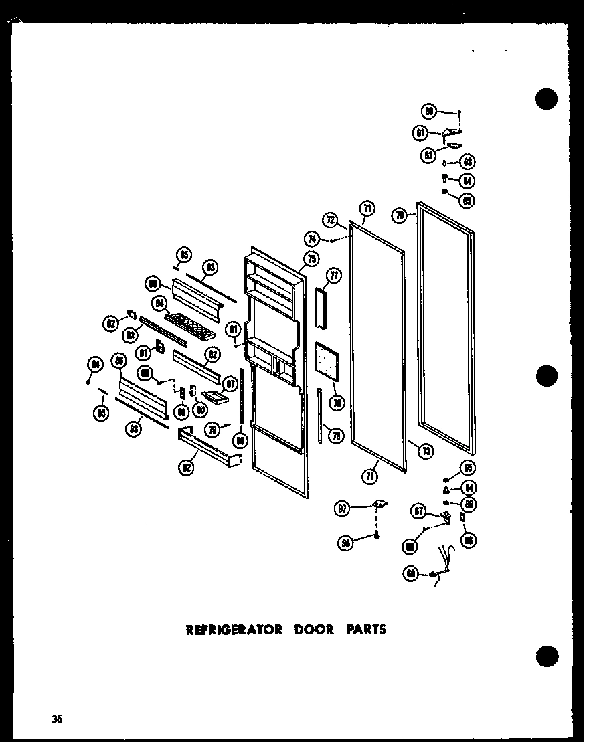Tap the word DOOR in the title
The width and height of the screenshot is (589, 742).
313,630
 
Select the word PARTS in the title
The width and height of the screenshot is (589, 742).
366,630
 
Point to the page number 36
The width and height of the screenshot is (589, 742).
56,720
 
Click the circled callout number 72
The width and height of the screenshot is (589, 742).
331,219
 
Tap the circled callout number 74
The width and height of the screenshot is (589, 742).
312,238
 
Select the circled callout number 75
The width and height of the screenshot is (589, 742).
311,259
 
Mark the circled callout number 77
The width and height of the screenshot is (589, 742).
333,275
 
